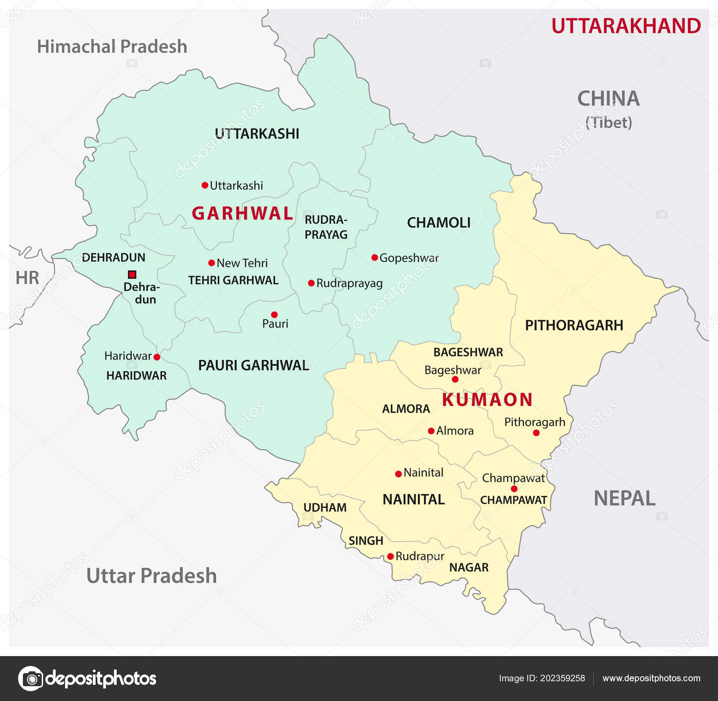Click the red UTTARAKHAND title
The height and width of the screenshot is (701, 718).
pyautogui.click(x=626, y=26)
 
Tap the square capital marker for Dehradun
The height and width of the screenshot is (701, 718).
pyautogui.click(x=132, y=274)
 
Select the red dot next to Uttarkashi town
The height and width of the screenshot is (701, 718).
pyautogui.click(x=205, y=185)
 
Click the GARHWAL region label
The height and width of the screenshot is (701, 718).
pyautogui.click(x=242, y=213)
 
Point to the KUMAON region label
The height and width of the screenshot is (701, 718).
pyautogui.click(x=487, y=400)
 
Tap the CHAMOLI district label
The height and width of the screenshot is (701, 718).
pyautogui.click(x=438, y=223)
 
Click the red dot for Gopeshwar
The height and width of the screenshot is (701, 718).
pyautogui.click(x=374, y=257)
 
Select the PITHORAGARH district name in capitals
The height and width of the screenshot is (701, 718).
pyautogui.click(x=574, y=325)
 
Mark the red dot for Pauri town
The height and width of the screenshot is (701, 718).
pyautogui.click(x=274, y=314)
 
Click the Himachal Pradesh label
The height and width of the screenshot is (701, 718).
pyautogui.click(x=112, y=47)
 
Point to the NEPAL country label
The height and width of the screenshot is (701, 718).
pyautogui.click(x=624, y=498)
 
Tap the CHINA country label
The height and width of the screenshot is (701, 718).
pyautogui.click(x=608, y=99)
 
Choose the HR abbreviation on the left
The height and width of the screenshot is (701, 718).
pyautogui.click(x=27, y=278)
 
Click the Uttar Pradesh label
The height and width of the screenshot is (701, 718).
pyautogui.click(x=151, y=576)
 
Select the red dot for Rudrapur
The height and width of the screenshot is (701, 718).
pyautogui.click(x=390, y=556)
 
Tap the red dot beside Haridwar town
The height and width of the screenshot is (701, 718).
pyautogui.click(x=157, y=357)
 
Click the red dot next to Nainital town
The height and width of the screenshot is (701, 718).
pyautogui.click(x=398, y=474)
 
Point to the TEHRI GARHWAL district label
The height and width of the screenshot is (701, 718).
pyautogui.click(x=233, y=280)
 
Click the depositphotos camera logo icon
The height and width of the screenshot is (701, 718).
pyautogui.click(x=31, y=678)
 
